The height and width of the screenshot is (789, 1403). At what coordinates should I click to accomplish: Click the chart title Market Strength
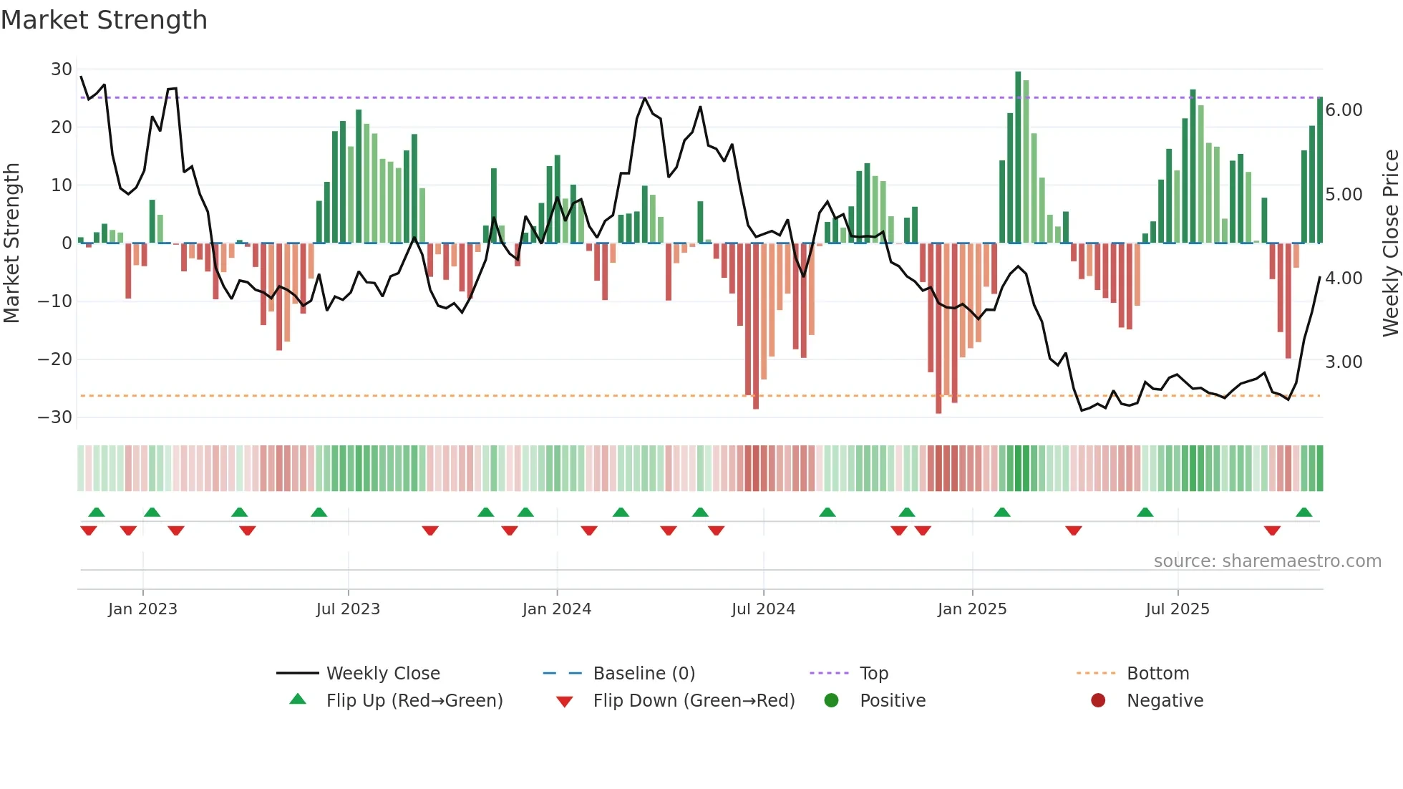click(104, 20)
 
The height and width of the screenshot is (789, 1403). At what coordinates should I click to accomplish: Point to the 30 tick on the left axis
click(62, 69)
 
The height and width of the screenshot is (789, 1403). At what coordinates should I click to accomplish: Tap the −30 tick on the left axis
click(55, 417)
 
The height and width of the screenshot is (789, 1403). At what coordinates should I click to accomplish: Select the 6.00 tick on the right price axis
click(1344, 110)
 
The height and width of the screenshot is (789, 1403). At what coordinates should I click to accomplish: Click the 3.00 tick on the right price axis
click(1344, 362)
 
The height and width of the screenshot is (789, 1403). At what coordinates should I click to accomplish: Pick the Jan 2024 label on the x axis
click(556, 609)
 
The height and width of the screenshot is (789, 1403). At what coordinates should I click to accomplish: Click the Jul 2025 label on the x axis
click(1177, 609)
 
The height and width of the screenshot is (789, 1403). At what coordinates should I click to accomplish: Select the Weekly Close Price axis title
click(1390, 243)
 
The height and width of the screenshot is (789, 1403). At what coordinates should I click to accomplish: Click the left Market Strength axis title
click(11, 243)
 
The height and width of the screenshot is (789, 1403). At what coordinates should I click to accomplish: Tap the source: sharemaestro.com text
click(1267, 561)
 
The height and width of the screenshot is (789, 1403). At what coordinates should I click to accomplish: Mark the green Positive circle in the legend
click(831, 701)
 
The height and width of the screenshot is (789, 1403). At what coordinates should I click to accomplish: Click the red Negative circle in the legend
click(1098, 701)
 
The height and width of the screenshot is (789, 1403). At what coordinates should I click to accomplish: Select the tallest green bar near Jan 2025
click(1018, 158)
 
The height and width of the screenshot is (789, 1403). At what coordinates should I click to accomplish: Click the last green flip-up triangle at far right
click(1304, 513)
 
